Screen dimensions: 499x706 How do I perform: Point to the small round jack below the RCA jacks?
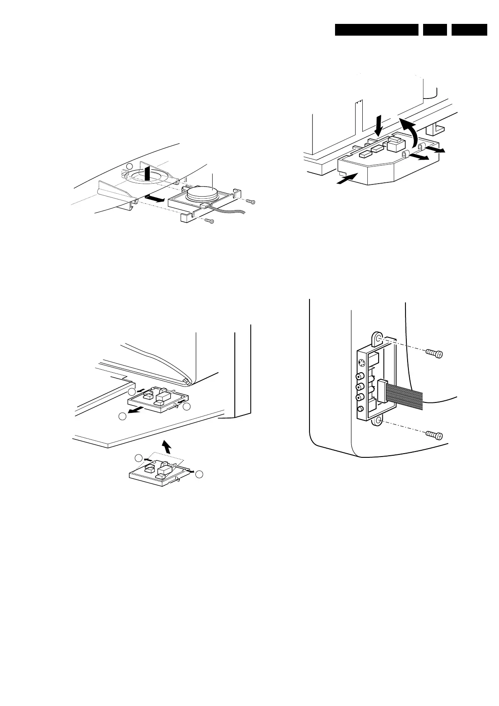[360, 409]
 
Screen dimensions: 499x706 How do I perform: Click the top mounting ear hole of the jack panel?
[378, 338]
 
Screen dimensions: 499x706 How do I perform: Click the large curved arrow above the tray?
[409, 129]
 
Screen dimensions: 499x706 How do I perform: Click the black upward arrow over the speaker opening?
[146, 173]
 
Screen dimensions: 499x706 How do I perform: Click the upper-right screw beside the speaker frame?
[250, 202]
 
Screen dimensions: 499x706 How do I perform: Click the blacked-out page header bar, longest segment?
[377, 30]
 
